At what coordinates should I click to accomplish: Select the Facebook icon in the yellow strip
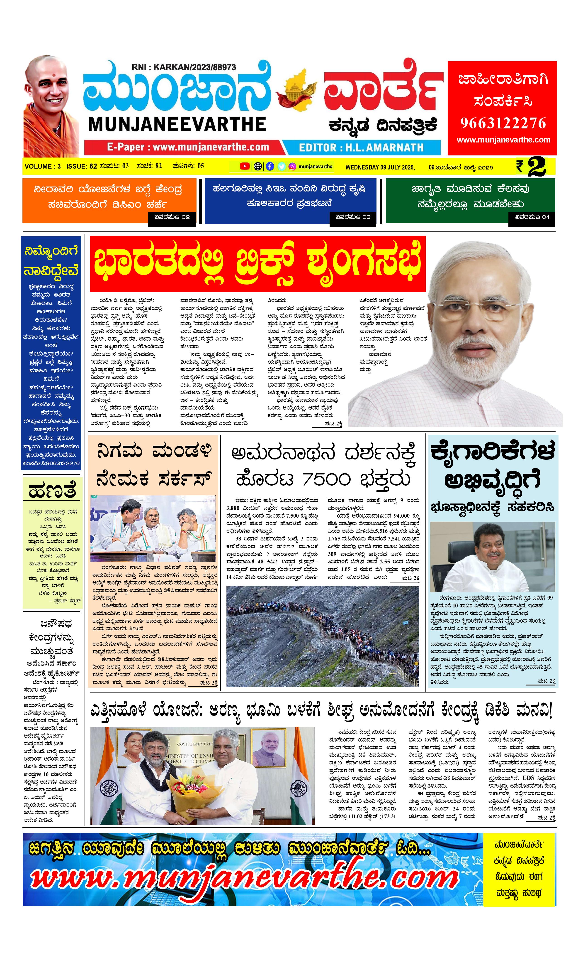pos(270,166)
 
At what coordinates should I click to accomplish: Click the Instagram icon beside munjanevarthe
pos(292,166)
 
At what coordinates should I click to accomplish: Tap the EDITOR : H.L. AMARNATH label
pos(361,147)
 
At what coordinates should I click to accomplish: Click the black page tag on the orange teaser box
pos(172,217)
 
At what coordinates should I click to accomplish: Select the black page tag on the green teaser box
pos(532,217)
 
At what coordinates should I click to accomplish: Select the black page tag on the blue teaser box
pos(353,217)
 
